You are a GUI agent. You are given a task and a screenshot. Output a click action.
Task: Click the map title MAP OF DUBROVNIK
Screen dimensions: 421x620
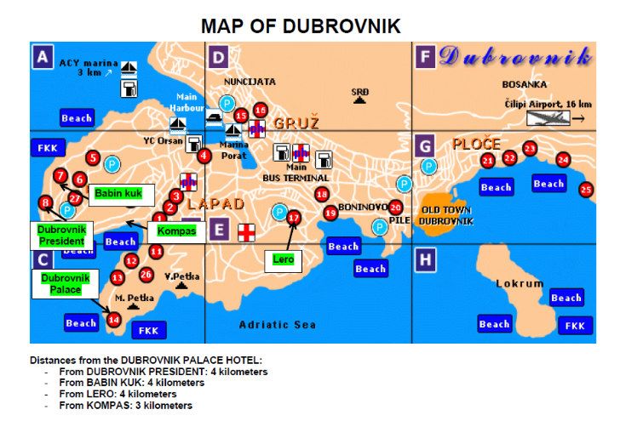[301, 26]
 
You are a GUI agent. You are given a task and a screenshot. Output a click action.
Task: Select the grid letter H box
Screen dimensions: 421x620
[424, 258]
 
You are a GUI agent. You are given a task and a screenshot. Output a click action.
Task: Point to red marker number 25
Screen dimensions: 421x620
[585, 191]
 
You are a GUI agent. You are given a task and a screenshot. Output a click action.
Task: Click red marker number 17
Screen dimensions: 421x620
[294, 218]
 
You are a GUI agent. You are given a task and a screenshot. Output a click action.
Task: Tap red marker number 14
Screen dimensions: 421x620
[114, 320]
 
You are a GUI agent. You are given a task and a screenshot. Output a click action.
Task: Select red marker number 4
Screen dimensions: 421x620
[204, 156]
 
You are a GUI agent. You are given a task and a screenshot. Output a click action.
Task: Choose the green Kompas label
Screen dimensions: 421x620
[177, 230]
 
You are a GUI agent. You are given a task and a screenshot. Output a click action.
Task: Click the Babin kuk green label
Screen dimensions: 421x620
[117, 194]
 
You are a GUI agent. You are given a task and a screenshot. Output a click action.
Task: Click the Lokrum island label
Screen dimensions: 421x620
[520, 283]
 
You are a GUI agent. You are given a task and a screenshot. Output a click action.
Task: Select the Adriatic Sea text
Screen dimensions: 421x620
[277, 325]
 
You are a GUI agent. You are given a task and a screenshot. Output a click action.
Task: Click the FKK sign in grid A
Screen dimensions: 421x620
[45, 148]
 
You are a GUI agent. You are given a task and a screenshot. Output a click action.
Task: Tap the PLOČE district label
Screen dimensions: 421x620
[476, 144]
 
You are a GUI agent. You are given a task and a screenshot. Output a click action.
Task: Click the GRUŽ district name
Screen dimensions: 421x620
[296, 122]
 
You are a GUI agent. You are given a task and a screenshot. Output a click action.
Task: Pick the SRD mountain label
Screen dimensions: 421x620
[360, 91]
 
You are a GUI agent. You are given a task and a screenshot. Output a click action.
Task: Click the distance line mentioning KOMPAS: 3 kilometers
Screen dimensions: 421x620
[125, 406]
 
